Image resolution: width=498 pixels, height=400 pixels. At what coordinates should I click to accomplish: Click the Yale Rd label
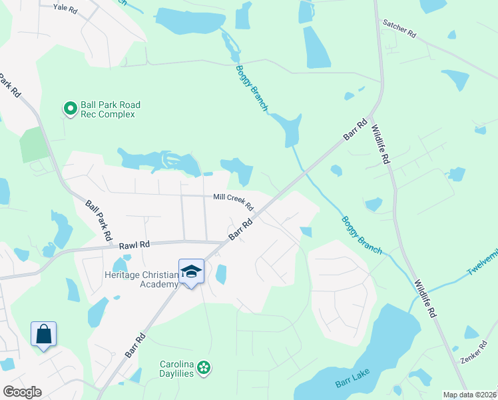click(x=65, y=7)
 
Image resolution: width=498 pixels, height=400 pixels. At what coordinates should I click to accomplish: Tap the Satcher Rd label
click(x=399, y=27)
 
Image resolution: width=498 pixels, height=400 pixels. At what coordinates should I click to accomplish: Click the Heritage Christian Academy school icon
click(x=191, y=271)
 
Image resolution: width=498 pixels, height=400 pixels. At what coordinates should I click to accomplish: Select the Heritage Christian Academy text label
click(x=141, y=279)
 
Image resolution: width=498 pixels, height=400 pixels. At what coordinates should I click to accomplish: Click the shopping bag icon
click(x=43, y=334)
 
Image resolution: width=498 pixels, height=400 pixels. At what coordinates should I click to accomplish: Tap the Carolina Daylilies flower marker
click(x=204, y=367)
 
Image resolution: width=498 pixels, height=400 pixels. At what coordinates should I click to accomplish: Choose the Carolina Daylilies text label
click(x=177, y=369)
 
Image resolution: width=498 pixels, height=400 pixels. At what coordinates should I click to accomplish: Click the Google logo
click(x=22, y=391)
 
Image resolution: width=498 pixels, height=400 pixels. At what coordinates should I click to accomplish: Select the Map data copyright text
click(x=469, y=395)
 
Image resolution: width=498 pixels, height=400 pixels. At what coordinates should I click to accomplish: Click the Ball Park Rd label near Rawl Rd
click(x=98, y=220)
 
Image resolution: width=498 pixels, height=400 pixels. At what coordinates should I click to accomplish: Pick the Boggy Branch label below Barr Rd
click(x=362, y=235)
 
